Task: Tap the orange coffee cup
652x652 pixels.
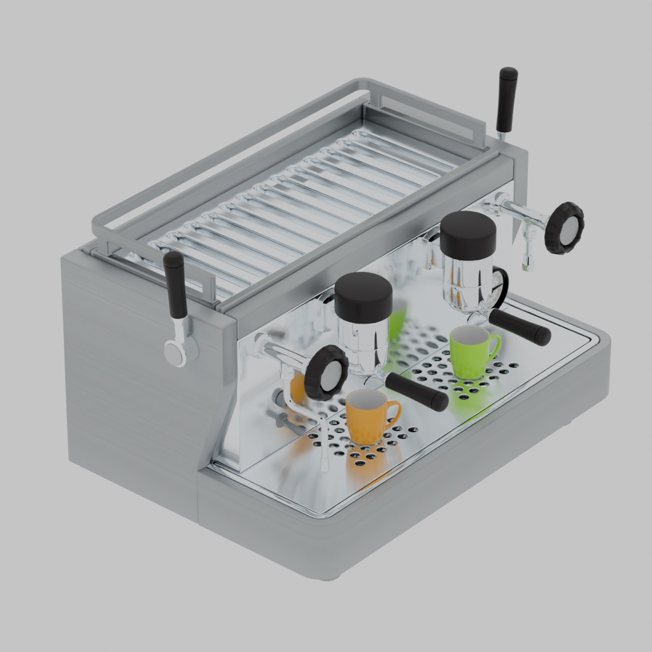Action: [x=367, y=416]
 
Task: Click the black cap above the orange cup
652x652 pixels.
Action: [x=363, y=297]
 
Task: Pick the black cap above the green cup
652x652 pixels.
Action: [x=468, y=235]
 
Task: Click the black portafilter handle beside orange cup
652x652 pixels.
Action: [x=416, y=392]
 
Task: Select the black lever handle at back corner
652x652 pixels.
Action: [x=507, y=99]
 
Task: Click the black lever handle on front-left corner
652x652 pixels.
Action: [x=175, y=284]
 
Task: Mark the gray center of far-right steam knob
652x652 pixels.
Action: [x=569, y=229]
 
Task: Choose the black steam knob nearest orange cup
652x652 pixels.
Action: [x=326, y=373]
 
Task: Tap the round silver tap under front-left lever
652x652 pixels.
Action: [x=174, y=353]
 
